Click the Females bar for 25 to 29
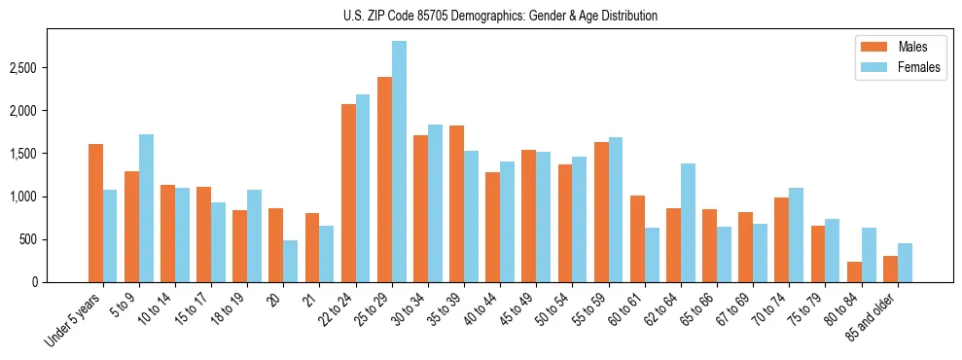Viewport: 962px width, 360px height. point(399,162)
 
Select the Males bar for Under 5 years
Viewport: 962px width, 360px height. point(95,213)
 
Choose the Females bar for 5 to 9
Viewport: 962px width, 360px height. point(146,208)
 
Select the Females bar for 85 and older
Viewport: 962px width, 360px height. point(905,263)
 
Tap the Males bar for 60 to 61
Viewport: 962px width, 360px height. point(637,238)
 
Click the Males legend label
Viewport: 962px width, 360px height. point(912,47)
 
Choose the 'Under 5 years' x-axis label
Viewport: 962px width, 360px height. point(74,321)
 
